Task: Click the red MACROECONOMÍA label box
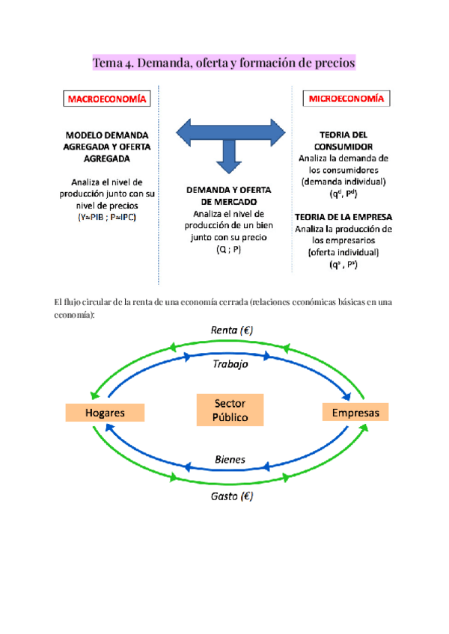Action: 107,99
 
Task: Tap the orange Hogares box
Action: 105,413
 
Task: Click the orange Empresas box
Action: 355,413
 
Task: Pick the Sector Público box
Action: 230,410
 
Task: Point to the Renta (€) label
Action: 230,330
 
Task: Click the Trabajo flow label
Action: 230,364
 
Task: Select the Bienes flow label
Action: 230,459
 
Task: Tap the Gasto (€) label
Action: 230,496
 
